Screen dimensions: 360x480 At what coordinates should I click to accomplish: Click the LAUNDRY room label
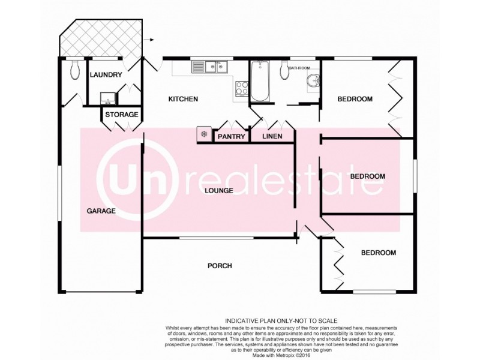pyautogui.click(x=106, y=75)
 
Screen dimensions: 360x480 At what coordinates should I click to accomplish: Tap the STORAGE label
pyautogui.click(x=122, y=115)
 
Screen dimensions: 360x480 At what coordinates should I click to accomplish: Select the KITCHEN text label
pyautogui.click(x=183, y=99)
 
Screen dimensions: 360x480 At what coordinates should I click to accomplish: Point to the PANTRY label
pyautogui.click(x=232, y=137)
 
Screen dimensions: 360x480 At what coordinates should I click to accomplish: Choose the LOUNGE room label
pyautogui.click(x=218, y=191)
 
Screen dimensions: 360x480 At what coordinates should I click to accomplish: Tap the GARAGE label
pyautogui.click(x=101, y=211)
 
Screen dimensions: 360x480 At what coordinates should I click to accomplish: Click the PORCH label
pyautogui.click(x=220, y=266)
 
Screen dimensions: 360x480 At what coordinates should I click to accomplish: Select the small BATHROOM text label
pyautogui.click(x=299, y=68)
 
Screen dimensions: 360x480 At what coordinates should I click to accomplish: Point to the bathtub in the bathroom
pyautogui.click(x=260, y=80)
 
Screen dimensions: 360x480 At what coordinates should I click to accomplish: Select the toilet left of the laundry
pyautogui.click(x=74, y=71)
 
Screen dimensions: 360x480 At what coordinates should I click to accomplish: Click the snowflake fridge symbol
pyautogui.click(x=204, y=134)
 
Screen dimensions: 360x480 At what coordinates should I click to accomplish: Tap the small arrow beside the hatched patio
pyautogui.click(x=151, y=40)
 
